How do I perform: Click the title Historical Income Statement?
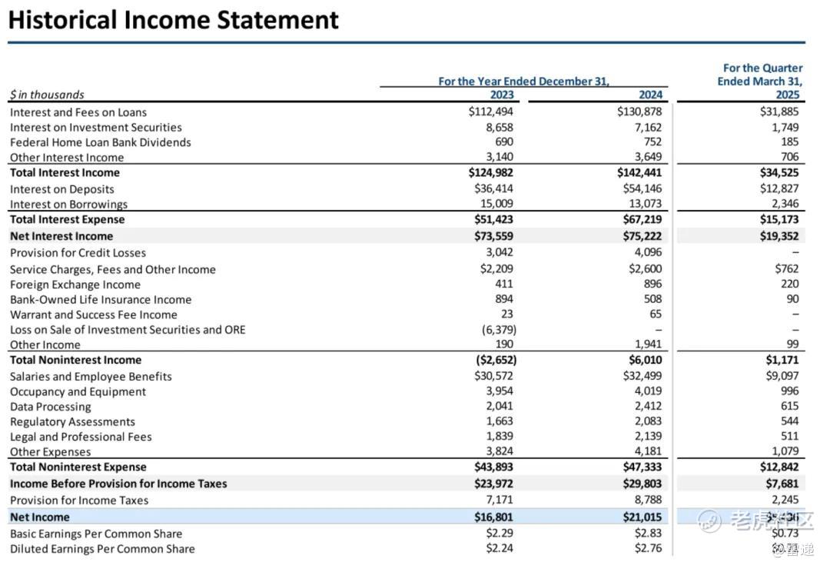pyautogui.click(x=173, y=19)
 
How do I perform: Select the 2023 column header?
pyautogui.click(x=502, y=95)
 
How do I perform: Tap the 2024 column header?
pyautogui.click(x=650, y=95)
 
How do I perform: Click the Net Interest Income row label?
pyautogui.click(x=61, y=236)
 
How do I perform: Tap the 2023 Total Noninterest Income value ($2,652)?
pyautogui.click(x=492, y=360)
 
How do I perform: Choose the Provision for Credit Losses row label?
pyautogui.click(x=78, y=253)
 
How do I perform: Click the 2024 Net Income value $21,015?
pyautogui.click(x=641, y=517)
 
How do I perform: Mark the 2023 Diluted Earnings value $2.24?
pyautogui.click(x=500, y=548)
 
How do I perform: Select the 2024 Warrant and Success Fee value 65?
pyautogui.click(x=655, y=314)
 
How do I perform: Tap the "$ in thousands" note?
pyautogui.click(x=47, y=95)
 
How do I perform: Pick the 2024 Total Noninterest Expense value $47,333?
pyautogui.click(x=641, y=467)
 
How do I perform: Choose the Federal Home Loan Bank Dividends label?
pyautogui.click(x=101, y=142)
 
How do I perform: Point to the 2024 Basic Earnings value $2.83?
pyautogui.click(x=648, y=534)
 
